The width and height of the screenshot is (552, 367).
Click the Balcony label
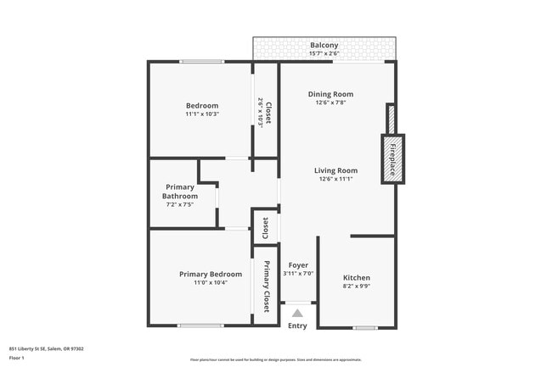[324, 45]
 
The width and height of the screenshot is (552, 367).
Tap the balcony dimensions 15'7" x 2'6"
[324, 53]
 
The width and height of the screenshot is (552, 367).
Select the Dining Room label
[331, 94]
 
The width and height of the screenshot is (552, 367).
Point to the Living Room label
[335, 170]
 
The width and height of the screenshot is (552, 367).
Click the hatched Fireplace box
[392, 158]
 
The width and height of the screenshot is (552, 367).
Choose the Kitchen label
[357, 278]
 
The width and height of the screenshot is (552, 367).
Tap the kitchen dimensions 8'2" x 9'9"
[357, 286]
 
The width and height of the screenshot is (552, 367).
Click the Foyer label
[297, 265]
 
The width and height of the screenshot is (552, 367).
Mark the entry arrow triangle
[297, 313]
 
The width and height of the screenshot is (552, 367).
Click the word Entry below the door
[297, 325]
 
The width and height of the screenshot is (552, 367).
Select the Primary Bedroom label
[211, 274]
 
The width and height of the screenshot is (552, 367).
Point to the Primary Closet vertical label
[267, 286]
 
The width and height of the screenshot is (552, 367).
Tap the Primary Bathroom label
[180, 192]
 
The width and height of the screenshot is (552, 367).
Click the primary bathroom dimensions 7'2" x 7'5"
[180, 204]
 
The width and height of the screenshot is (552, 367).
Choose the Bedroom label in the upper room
[202, 105]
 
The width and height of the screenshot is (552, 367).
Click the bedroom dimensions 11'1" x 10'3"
[202, 114]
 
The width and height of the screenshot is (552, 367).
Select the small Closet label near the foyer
[266, 227]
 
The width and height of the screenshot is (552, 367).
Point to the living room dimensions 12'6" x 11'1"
[335, 179]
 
